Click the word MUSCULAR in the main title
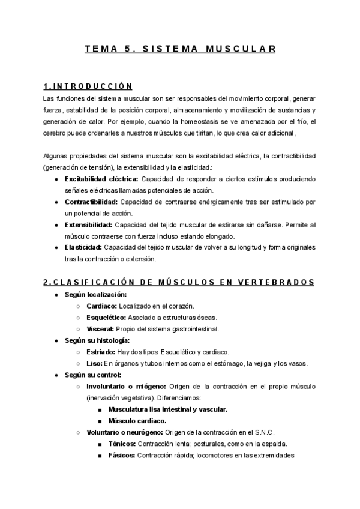click(x=241, y=49)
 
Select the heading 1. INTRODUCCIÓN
click(x=88, y=86)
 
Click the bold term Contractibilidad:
click(x=91, y=202)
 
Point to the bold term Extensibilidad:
click(x=88, y=224)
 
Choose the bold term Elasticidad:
click(x=83, y=247)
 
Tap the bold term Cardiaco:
click(x=101, y=306)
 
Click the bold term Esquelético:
click(x=106, y=318)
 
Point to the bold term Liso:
click(x=94, y=363)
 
